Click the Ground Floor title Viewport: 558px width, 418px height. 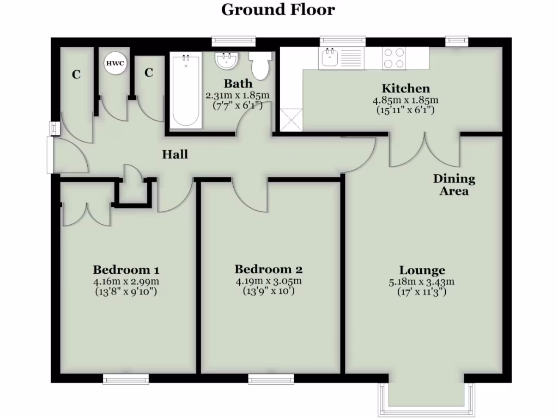tap(278, 9)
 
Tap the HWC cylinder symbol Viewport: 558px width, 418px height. tap(115, 63)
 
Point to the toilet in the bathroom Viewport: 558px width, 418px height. tap(259, 65)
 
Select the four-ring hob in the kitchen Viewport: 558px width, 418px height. tap(394, 58)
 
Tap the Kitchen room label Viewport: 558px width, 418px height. tap(405, 88)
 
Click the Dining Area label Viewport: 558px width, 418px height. tap(454, 185)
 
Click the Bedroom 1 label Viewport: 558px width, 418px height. tap(126, 269)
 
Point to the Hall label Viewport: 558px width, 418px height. tap(175, 155)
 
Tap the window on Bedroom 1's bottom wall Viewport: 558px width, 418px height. tap(126, 379)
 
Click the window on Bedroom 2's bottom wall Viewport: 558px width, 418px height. tap(271, 379)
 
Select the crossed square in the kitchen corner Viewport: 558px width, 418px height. tap(291, 120)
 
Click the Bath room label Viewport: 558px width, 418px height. tap(238, 83)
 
